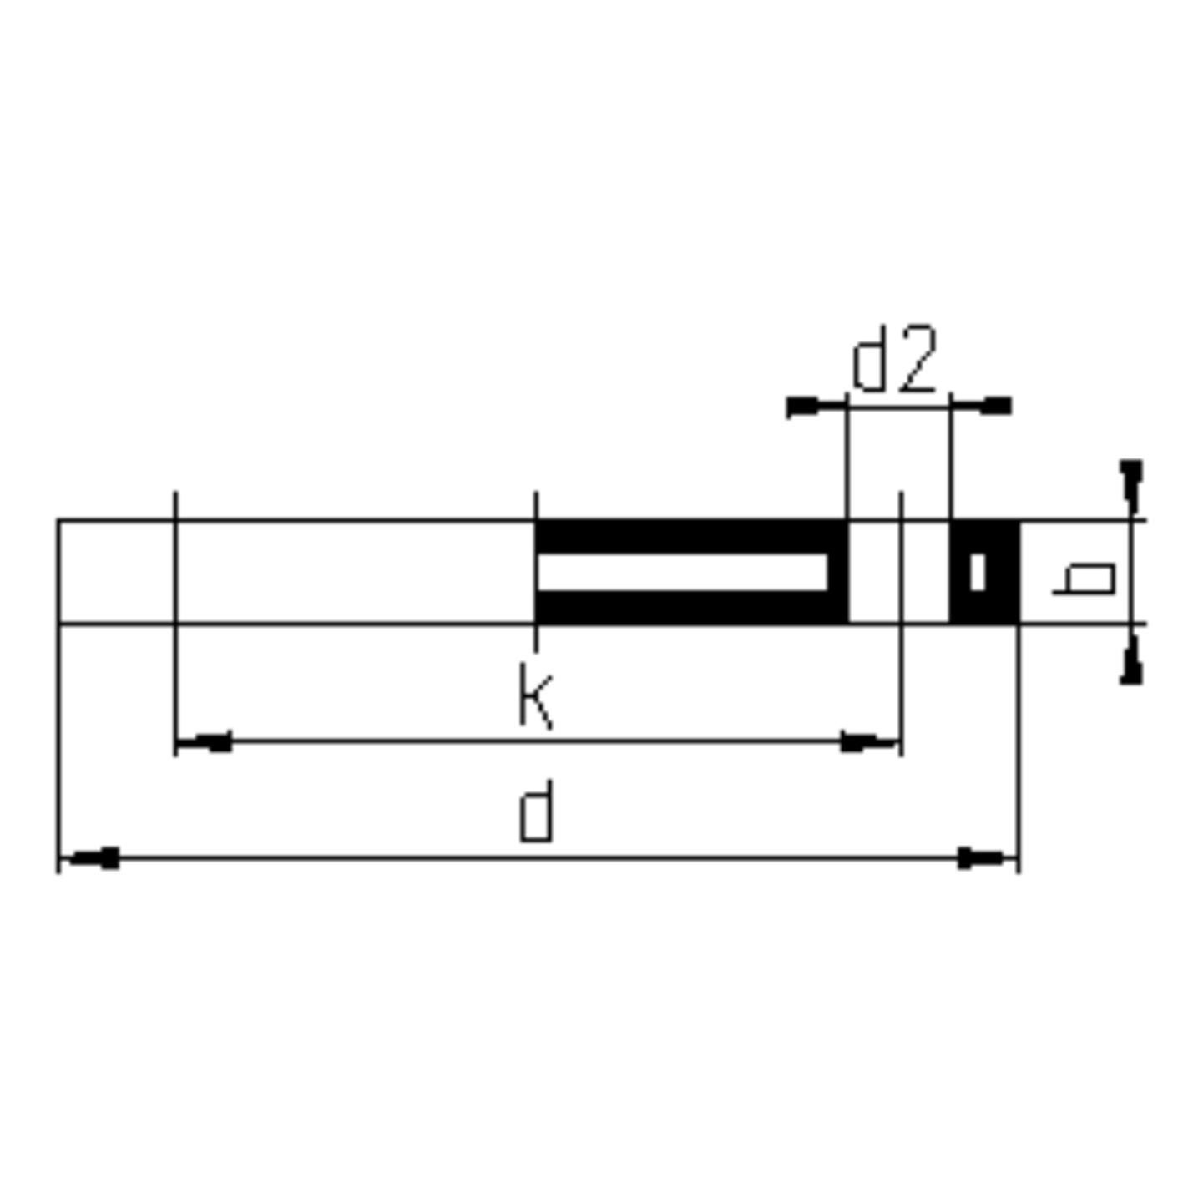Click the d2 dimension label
coord(894,359)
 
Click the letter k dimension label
coord(536,695)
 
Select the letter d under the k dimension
coord(536,811)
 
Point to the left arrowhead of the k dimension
coord(205,741)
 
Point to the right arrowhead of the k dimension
coord(866,741)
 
